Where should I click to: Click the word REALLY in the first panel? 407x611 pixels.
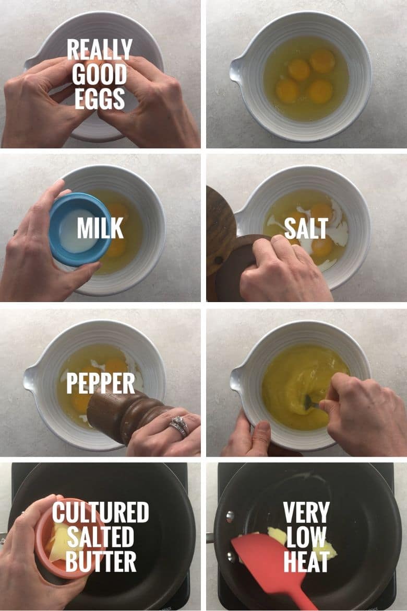coord(100,49)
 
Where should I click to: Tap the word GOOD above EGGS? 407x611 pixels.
coord(100,74)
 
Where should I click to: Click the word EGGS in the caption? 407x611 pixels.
coord(100,98)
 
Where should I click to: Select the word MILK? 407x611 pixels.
coord(100,228)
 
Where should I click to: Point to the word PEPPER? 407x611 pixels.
coord(100,384)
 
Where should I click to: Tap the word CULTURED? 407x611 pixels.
coord(100,512)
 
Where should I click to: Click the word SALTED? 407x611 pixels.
coord(100,537)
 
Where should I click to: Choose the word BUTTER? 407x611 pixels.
coord(100,561)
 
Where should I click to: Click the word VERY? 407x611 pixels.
coord(306,512)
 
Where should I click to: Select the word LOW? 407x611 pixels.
coord(306,537)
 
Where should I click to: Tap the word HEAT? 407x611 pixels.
coord(306,561)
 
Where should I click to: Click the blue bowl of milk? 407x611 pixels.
coord(79,229)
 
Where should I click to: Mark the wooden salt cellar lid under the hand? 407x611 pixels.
coord(237,265)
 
